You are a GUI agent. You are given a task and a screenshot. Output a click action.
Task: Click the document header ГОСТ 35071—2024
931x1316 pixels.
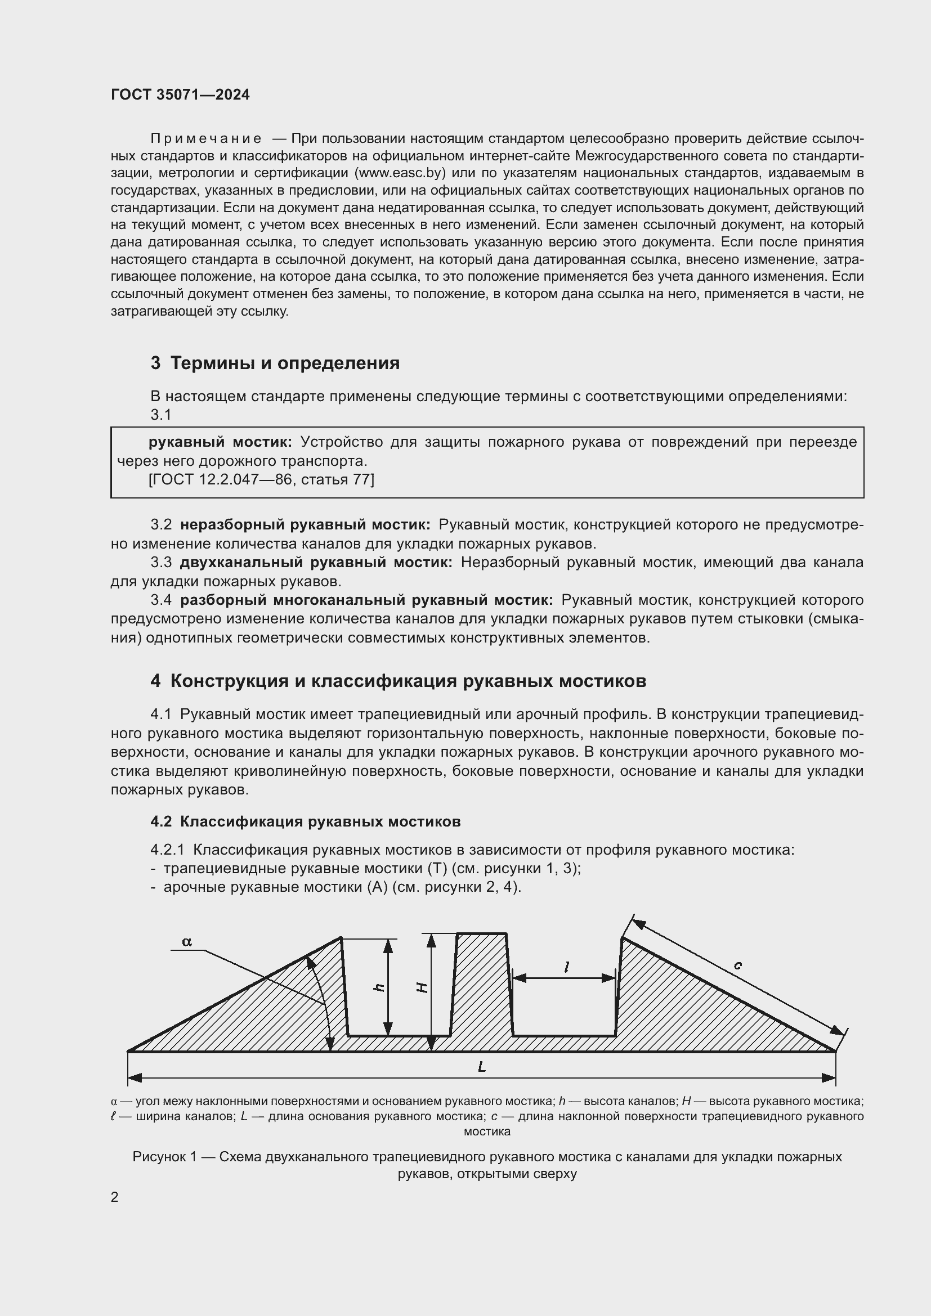tap(180, 95)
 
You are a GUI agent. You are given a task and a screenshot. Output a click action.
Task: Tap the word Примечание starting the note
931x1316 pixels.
tap(206, 139)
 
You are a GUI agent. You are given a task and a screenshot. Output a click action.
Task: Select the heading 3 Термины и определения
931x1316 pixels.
tap(275, 363)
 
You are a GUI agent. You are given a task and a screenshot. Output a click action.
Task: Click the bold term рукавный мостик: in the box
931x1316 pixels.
tap(220, 442)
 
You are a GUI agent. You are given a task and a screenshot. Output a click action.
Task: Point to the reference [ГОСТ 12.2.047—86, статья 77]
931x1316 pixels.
tap(261, 480)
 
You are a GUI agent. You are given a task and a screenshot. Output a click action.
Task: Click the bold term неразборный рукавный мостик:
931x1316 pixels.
tap(305, 524)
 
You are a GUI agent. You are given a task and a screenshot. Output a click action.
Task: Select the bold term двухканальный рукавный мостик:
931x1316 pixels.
tap(316, 562)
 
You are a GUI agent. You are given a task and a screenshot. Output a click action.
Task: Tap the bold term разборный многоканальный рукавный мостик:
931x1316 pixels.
tap(366, 600)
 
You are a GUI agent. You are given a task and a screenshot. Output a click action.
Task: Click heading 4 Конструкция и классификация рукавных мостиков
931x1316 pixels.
tap(399, 681)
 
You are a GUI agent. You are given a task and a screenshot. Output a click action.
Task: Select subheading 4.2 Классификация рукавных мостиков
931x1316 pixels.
tap(306, 821)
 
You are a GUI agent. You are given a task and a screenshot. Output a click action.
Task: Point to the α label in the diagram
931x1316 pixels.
tap(187, 942)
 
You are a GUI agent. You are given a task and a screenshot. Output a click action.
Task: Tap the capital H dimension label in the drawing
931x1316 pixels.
tap(422, 987)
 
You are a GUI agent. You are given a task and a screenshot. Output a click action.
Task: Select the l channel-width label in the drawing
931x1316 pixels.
tap(566, 968)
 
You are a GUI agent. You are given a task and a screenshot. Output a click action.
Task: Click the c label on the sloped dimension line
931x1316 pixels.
tap(738, 965)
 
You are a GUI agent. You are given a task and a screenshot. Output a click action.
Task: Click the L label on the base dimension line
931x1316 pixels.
tap(482, 1067)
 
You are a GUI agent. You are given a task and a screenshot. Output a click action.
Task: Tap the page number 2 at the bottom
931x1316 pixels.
tap(115, 1197)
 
